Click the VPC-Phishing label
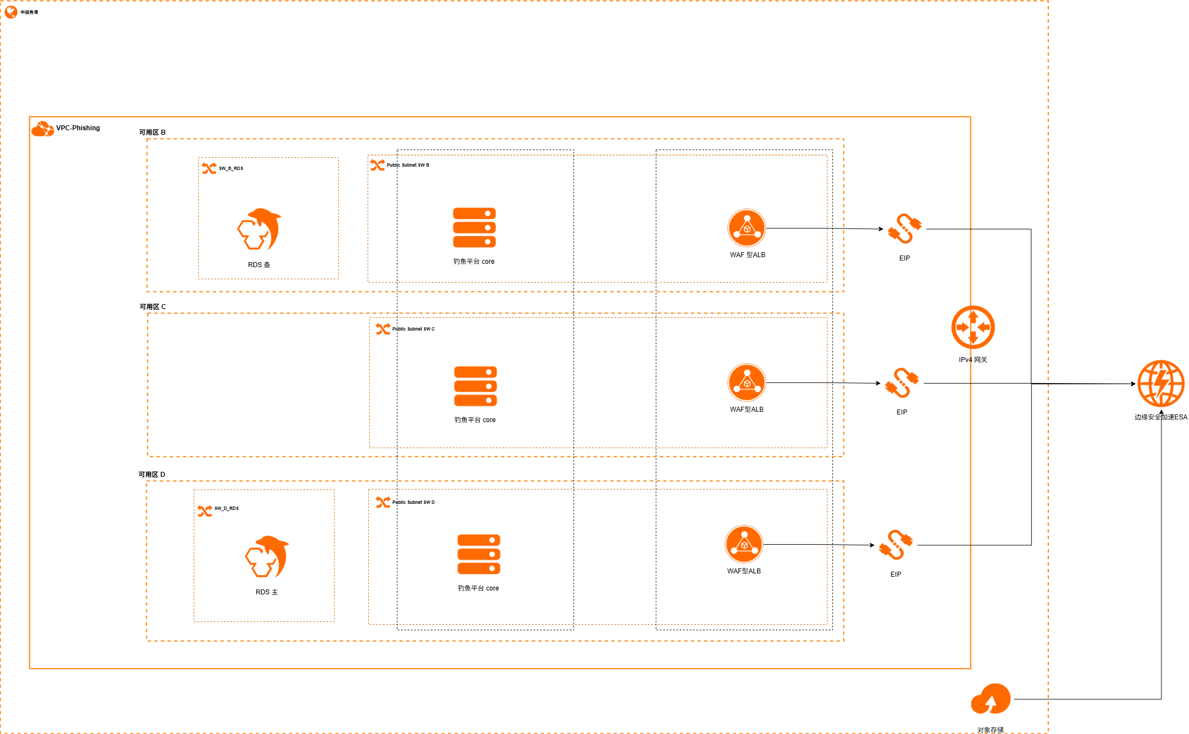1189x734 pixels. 78,128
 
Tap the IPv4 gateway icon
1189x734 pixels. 973,327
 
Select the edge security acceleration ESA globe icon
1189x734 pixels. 1160,384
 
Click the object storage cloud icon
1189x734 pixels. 991,699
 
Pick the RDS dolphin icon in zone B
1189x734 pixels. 259,230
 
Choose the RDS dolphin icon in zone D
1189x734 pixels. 267,556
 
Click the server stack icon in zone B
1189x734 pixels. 474,227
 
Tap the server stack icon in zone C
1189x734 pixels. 475,386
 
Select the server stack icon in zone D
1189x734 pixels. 479,554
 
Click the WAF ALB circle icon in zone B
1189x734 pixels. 747,228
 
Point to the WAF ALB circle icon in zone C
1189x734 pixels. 747,382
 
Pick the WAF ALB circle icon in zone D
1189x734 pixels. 744,544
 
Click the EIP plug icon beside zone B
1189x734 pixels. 904,228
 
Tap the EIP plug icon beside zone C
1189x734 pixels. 901,383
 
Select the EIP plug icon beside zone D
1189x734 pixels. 895,545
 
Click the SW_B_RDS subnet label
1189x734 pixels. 231,168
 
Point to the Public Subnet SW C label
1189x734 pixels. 413,329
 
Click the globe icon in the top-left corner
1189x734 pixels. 11,12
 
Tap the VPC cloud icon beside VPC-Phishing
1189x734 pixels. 43,129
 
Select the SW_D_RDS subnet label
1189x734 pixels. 226,508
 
